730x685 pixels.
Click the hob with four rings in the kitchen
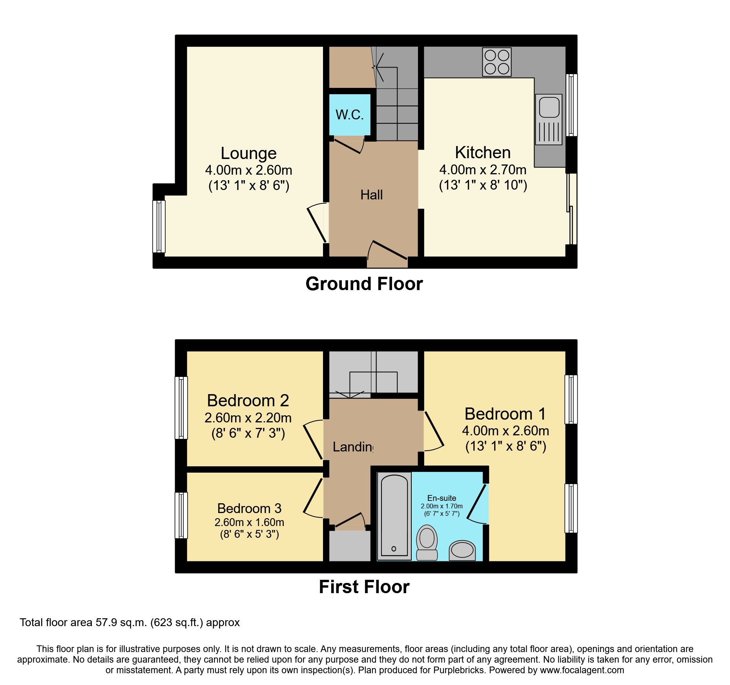point(496,62)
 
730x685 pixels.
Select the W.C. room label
point(349,115)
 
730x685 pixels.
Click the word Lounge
point(248,153)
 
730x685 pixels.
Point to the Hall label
point(371,195)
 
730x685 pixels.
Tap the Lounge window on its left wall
point(159,226)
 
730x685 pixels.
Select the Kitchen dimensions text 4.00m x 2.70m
point(483,170)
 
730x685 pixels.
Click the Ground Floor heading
point(364,284)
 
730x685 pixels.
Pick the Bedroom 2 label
point(248,401)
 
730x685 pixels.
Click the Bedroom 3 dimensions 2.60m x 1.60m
point(249,522)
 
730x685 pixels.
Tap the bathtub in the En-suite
point(394,516)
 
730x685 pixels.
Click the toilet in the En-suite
point(427,542)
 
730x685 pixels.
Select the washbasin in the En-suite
point(462,550)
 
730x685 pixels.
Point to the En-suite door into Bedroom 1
point(478,504)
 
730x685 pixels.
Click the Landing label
point(352,447)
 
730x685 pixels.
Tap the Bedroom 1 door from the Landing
point(434,431)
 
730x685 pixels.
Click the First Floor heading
point(364,587)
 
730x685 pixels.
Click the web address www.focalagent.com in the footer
point(582,670)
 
